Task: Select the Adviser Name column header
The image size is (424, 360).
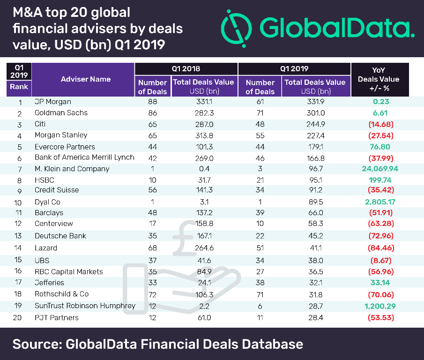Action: pyautogui.click(x=86, y=79)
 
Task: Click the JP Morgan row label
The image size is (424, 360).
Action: pyautogui.click(x=54, y=101)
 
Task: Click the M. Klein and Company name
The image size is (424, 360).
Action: pyautogui.click(x=72, y=169)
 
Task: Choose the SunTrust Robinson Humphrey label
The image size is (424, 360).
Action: pyautogui.click(x=85, y=306)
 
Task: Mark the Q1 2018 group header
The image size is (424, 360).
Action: pyautogui.click(x=186, y=68)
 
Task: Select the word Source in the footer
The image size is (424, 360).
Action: pyautogui.click(x=36, y=345)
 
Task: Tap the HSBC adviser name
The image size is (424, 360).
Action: pyautogui.click(x=45, y=180)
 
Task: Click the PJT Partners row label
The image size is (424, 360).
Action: pyautogui.click(x=57, y=317)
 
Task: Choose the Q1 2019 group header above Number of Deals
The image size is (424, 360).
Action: pyautogui.click(x=294, y=68)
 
